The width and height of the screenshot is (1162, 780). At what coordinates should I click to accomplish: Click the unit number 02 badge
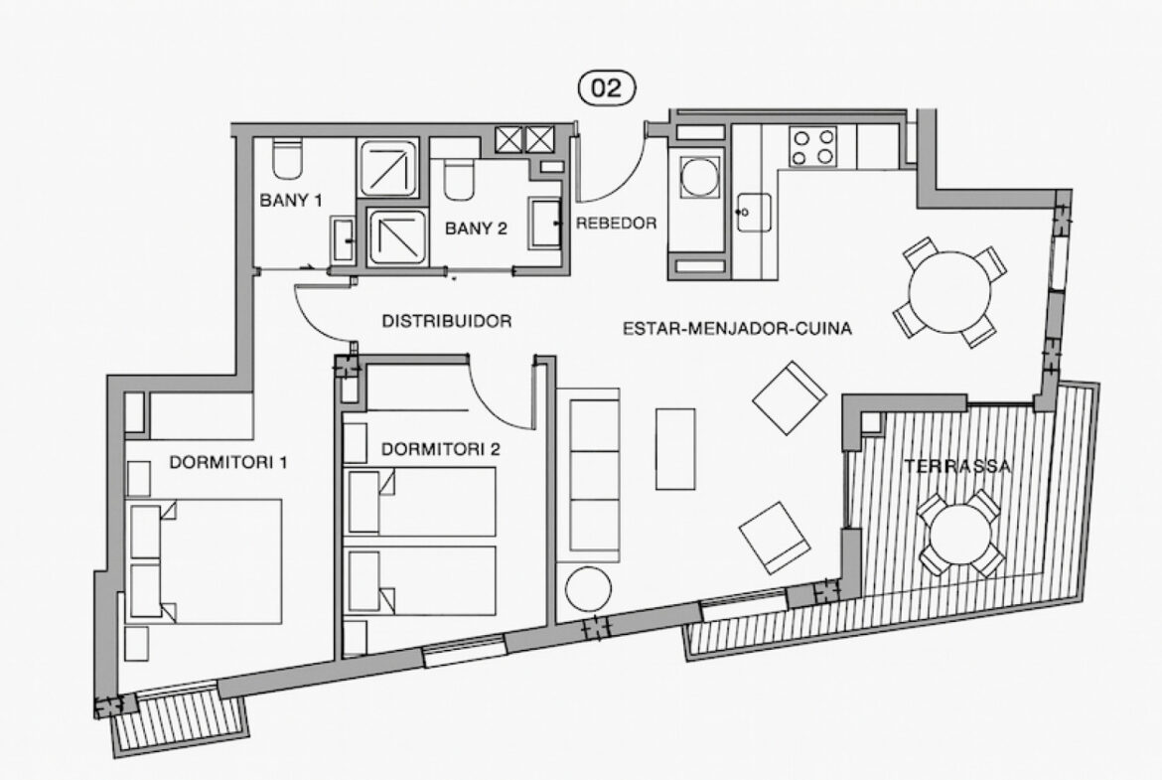tap(606, 87)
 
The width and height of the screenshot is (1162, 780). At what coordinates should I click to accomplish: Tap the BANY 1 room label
tap(290, 200)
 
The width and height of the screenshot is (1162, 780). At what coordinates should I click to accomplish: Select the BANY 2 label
tap(476, 229)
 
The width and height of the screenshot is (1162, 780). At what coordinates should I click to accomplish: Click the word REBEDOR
tap(617, 223)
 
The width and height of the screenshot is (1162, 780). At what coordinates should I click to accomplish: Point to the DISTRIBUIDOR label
tap(446, 321)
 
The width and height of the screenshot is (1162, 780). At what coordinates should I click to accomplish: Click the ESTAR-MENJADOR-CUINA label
tap(737, 328)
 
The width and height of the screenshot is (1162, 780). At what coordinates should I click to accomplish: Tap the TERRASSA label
tap(956, 466)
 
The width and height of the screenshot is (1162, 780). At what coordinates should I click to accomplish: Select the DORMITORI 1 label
tap(228, 463)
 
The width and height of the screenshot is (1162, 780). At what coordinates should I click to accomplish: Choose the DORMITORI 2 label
tap(440, 449)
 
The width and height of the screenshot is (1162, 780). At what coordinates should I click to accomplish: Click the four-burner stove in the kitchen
tap(813, 146)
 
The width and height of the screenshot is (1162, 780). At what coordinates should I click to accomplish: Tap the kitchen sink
tap(754, 212)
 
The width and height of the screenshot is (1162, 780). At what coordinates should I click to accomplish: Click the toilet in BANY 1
tap(287, 159)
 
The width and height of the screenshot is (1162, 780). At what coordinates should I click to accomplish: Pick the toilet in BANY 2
tap(459, 180)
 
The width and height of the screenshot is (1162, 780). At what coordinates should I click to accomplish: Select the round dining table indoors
tap(950, 292)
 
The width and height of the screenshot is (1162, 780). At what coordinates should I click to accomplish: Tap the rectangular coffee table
tap(675, 449)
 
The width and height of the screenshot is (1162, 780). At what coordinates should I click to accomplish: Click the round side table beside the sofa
tap(588, 588)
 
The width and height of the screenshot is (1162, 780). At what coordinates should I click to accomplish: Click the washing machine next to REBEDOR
tap(699, 177)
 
